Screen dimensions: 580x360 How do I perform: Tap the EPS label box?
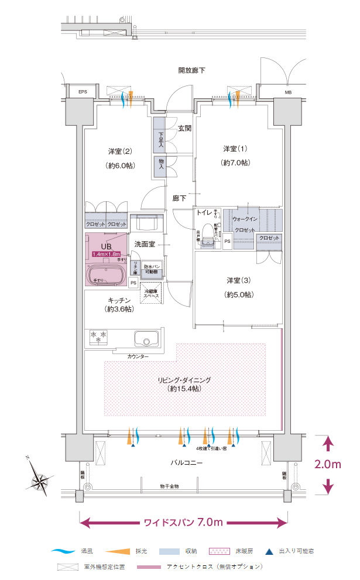pyautogui.click(x=77, y=92)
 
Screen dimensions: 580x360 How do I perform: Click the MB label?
pyautogui.click(x=288, y=92)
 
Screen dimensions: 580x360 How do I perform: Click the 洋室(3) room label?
pyautogui.click(x=240, y=279)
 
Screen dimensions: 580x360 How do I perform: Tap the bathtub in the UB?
pyautogui.click(x=107, y=275)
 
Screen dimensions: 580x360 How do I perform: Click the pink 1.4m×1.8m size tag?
pyautogui.click(x=107, y=255)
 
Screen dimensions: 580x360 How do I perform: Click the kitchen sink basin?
pyautogui.click(x=146, y=339)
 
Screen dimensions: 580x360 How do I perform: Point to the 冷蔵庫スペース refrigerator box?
pyautogui.click(x=152, y=293)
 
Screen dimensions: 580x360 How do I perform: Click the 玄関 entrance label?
pyautogui.click(x=184, y=128)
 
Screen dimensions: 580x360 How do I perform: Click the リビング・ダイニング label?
pyautogui.click(x=184, y=380)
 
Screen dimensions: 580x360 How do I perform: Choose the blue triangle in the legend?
pyautogui.click(x=269, y=551)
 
